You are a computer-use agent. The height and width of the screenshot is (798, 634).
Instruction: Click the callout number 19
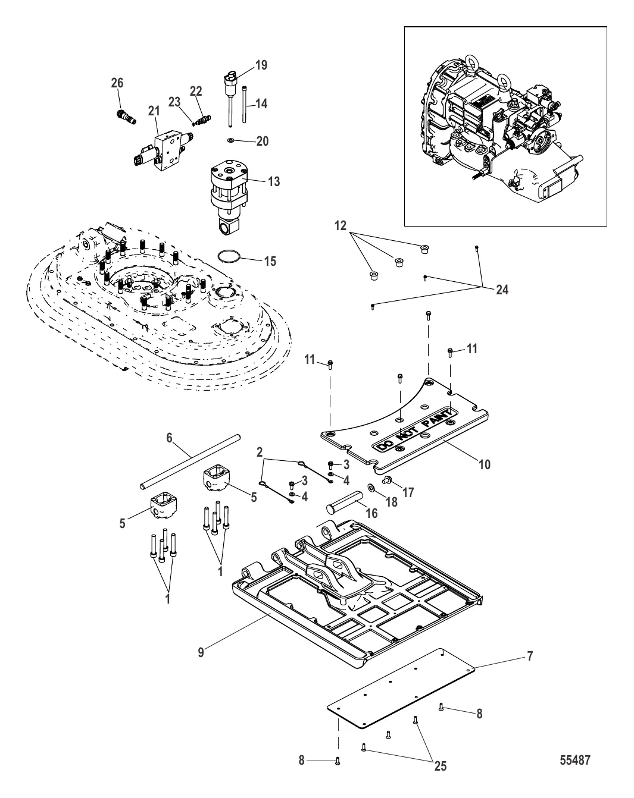(261, 65)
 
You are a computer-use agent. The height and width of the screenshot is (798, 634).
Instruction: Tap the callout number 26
(117, 83)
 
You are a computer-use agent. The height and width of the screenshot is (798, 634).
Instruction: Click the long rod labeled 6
(190, 461)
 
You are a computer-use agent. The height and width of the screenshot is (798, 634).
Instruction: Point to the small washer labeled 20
(231, 140)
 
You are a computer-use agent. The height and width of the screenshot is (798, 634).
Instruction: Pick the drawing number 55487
(575, 760)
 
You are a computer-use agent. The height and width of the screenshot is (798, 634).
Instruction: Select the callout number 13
(274, 181)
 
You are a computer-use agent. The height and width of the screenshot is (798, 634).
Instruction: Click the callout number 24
(502, 290)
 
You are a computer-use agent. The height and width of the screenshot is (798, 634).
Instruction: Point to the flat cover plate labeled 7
(401, 693)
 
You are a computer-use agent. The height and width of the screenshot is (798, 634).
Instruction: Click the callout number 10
(485, 464)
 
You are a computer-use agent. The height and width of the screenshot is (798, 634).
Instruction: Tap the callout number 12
(341, 225)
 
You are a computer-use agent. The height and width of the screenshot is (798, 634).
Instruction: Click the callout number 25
(441, 766)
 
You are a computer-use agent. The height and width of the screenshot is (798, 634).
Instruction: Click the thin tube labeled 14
(244, 104)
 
